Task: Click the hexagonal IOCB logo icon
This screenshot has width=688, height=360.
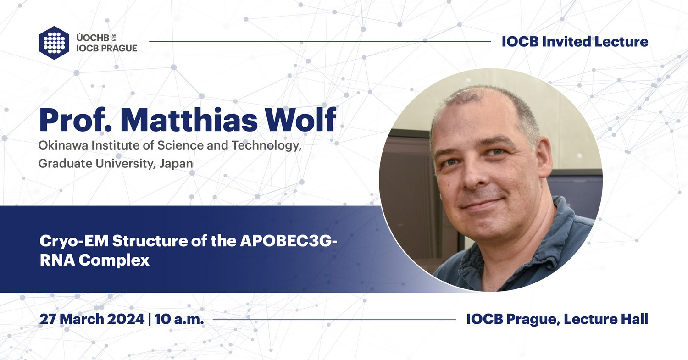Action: (54, 43)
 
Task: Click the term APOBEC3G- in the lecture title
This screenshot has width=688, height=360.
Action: (289, 242)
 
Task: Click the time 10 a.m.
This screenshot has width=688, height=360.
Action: (179, 320)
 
